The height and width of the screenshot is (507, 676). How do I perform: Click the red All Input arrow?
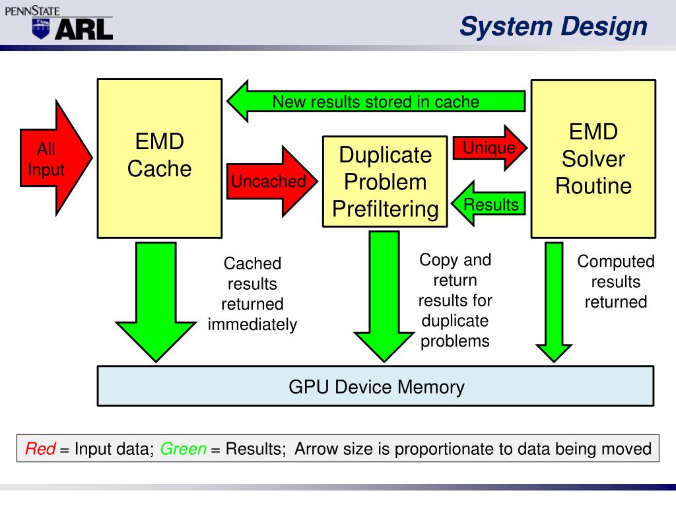(x=54, y=158)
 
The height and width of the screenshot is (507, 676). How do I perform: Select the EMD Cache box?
(x=160, y=158)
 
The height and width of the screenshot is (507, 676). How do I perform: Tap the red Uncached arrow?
(x=271, y=182)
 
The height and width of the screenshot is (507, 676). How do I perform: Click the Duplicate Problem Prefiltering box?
(x=385, y=182)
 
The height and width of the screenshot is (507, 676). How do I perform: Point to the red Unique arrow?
(x=490, y=148)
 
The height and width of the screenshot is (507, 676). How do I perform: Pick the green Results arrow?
(x=489, y=204)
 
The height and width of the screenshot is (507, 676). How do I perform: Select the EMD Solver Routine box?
(x=593, y=158)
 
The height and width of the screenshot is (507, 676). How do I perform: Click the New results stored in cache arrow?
(x=376, y=102)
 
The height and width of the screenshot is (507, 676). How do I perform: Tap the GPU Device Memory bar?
(x=376, y=386)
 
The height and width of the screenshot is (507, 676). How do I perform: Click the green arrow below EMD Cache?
(x=156, y=302)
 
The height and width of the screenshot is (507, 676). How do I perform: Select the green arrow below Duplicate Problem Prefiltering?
(x=384, y=296)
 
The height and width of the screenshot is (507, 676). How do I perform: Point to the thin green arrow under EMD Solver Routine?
(x=554, y=302)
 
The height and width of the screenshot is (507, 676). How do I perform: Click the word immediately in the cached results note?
(x=252, y=324)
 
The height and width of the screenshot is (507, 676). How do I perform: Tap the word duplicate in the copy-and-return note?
(x=455, y=321)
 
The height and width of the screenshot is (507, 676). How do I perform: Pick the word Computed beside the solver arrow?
(x=616, y=261)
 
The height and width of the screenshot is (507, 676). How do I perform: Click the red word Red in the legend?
(x=40, y=449)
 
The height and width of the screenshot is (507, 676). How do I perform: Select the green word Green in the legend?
(x=184, y=449)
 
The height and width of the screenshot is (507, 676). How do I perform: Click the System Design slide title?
(x=554, y=26)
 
